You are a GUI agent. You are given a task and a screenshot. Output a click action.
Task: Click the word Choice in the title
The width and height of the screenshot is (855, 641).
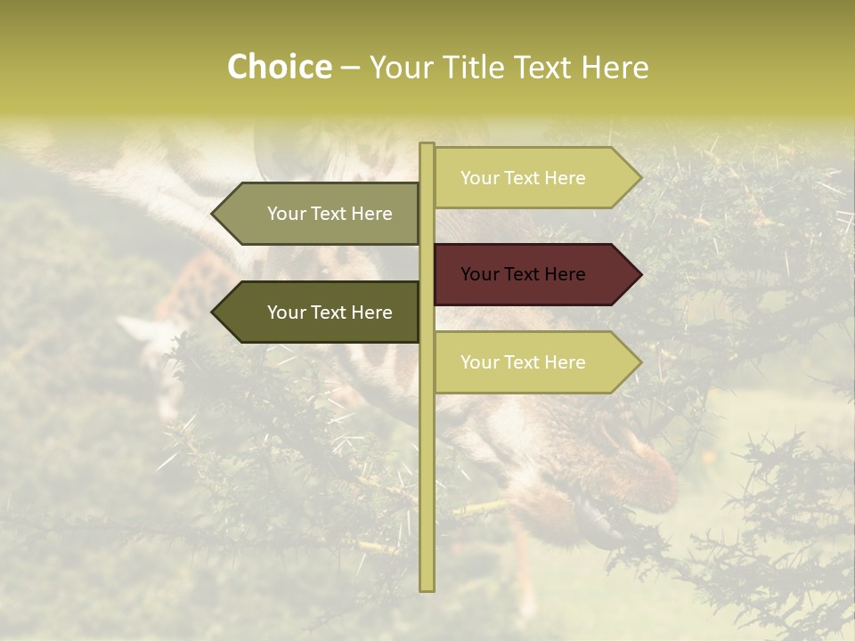(x=279, y=68)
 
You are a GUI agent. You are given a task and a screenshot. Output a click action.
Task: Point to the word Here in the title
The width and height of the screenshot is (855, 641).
(x=615, y=68)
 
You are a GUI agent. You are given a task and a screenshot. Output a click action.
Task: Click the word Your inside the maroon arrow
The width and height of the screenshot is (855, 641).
(x=478, y=274)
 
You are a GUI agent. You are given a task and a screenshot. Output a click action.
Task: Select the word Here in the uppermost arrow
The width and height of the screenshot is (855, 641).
(x=565, y=178)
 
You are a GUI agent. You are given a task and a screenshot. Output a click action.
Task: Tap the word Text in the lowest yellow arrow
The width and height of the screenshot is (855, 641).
(x=522, y=362)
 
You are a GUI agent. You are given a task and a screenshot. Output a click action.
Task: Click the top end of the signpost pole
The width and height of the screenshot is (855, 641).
(x=427, y=145)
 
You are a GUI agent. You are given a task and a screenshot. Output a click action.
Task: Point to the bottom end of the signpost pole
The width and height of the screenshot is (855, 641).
(x=427, y=588)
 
